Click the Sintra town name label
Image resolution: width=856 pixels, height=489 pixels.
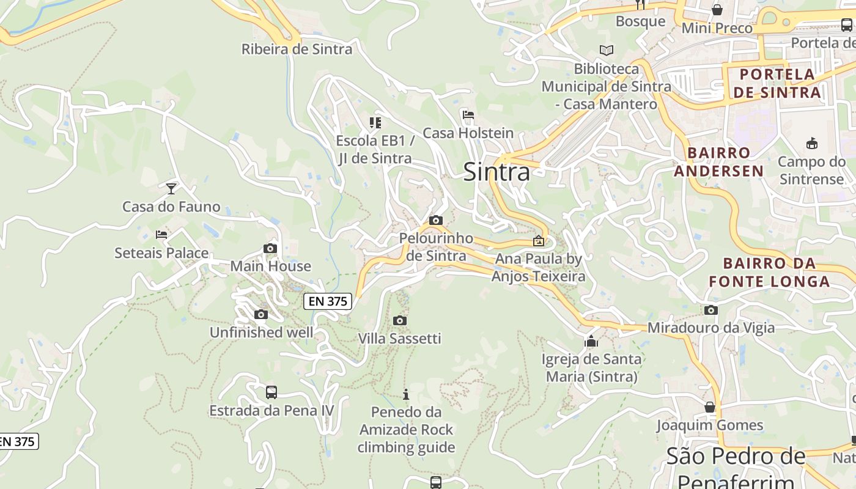point(496,172)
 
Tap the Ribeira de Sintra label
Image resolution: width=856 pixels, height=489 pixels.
point(297,50)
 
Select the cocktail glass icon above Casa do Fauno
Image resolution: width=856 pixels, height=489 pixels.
point(171,188)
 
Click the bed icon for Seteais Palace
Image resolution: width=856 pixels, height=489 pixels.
point(161,234)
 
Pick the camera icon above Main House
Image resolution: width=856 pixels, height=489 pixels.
point(270,248)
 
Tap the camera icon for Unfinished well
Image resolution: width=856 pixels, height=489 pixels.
point(261,314)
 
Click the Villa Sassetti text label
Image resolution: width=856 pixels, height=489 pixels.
point(399,339)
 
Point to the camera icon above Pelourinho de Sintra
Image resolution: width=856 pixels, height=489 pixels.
point(436,220)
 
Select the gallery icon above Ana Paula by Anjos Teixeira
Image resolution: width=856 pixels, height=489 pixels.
point(539,241)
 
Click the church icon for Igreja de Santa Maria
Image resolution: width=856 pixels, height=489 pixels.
point(591,340)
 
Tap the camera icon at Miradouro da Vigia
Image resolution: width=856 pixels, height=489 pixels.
point(710,310)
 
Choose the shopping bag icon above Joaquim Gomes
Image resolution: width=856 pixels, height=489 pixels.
point(710,406)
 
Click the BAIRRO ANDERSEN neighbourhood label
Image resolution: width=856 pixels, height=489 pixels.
point(719,161)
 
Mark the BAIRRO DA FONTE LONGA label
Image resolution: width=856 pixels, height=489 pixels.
point(769,273)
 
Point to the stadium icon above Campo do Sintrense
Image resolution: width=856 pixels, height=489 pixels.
point(811,144)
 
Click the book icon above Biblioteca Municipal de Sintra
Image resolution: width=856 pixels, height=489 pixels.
point(606,50)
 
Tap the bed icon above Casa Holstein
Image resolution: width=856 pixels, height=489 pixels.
point(468,114)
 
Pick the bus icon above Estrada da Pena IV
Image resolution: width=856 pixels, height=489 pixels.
point(271,392)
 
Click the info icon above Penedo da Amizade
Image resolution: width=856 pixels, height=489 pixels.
point(405,394)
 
